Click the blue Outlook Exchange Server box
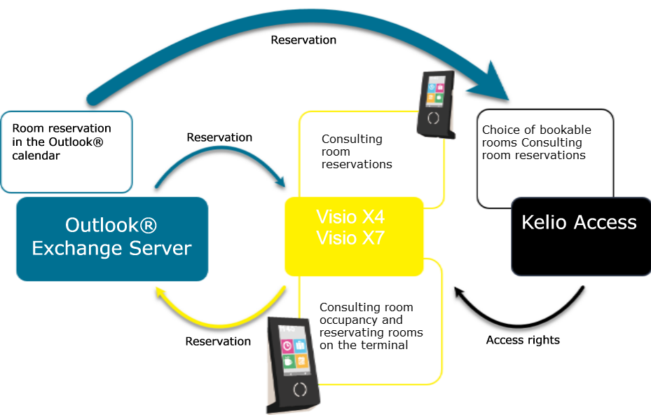(x=112, y=238)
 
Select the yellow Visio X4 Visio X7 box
(x=354, y=236)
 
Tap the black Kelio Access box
(x=580, y=236)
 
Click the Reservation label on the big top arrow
(x=303, y=40)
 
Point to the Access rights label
(x=523, y=340)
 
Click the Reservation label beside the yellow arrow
(x=218, y=341)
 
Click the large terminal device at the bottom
(x=294, y=365)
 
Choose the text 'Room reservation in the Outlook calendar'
(x=62, y=142)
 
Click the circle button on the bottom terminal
(x=300, y=389)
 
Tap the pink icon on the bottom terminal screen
(x=287, y=346)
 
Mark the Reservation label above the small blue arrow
(x=219, y=137)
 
